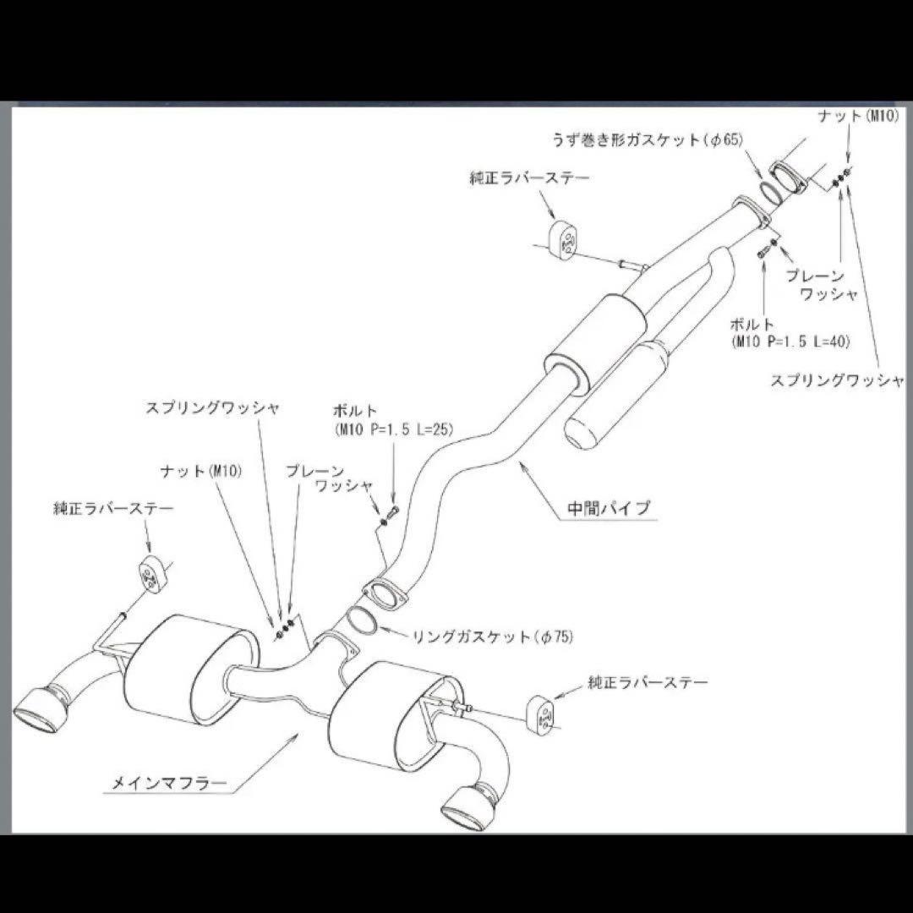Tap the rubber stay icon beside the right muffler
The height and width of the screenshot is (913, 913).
pos(543,712)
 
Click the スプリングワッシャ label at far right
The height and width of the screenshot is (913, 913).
pos(837,380)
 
